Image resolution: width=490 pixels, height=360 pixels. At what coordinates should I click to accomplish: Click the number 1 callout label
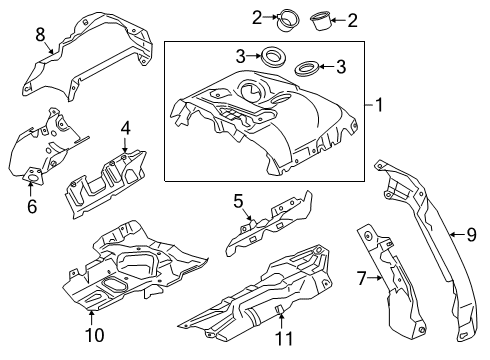pyautogui.click(x=379, y=103)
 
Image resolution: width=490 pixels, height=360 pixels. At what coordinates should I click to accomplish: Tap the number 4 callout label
pyautogui.click(x=126, y=128)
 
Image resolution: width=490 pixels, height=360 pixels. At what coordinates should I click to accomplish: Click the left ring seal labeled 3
pyautogui.click(x=271, y=56)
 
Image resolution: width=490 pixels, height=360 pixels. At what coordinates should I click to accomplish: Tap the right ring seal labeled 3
pyautogui.click(x=309, y=69)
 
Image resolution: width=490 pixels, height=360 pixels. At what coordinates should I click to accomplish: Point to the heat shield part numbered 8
pyautogui.click(x=90, y=45)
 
